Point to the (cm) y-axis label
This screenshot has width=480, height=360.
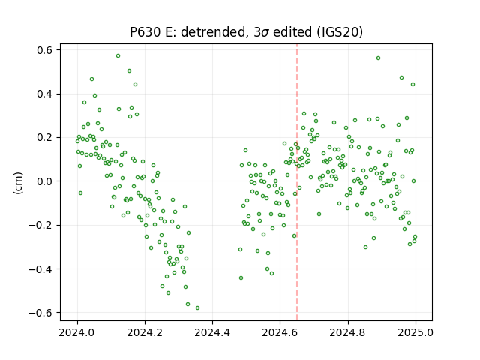click(x=18, y=183)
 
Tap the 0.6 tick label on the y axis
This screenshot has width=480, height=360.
click(x=44, y=50)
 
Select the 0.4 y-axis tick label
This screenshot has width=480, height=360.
click(x=44, y=94)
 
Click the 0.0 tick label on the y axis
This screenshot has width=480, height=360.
click(x=44, y=181)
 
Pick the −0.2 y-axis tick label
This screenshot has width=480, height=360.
click(x=40, y=225)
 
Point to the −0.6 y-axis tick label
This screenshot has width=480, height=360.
click(x=40, y=313)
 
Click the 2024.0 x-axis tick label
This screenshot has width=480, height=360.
click(x=77, y=332)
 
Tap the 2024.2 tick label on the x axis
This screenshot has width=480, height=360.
click(x=145, y=332)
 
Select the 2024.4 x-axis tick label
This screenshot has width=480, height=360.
click(x=212, y=332)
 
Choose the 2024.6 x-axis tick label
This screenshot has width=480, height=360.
click(x=280, y=332)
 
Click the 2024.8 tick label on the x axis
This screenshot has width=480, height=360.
click(x=348, y=332)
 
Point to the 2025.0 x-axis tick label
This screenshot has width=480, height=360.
click(x=415, y=332)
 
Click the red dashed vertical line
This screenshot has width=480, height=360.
click(x=297, y=182)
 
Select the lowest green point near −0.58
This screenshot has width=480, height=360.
click(x=197, y=307)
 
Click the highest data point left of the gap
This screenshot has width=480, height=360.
click(x=118, y=55)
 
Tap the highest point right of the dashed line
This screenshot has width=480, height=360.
click(x=378, y=58)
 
